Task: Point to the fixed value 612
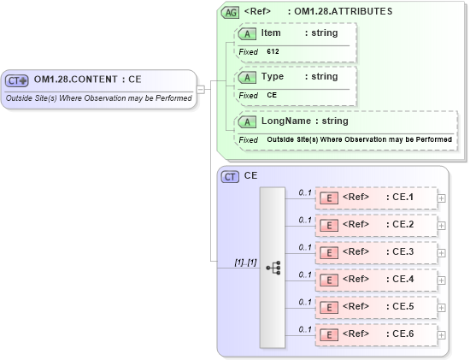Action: point(273,51)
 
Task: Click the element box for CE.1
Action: point(376,198)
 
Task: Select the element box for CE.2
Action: point(376,225)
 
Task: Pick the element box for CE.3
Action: point(376,252)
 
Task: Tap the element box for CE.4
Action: point(376,280)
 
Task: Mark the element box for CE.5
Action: point(376,307)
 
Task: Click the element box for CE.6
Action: point(376,334)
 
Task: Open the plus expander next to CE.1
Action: point(441,198)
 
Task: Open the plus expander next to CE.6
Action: point(441,334)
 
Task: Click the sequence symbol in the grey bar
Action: point(273,268)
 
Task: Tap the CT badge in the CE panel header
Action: point(230,176)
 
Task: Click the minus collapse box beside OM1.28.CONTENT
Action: point(200,88)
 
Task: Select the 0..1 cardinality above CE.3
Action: point(304,246)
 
